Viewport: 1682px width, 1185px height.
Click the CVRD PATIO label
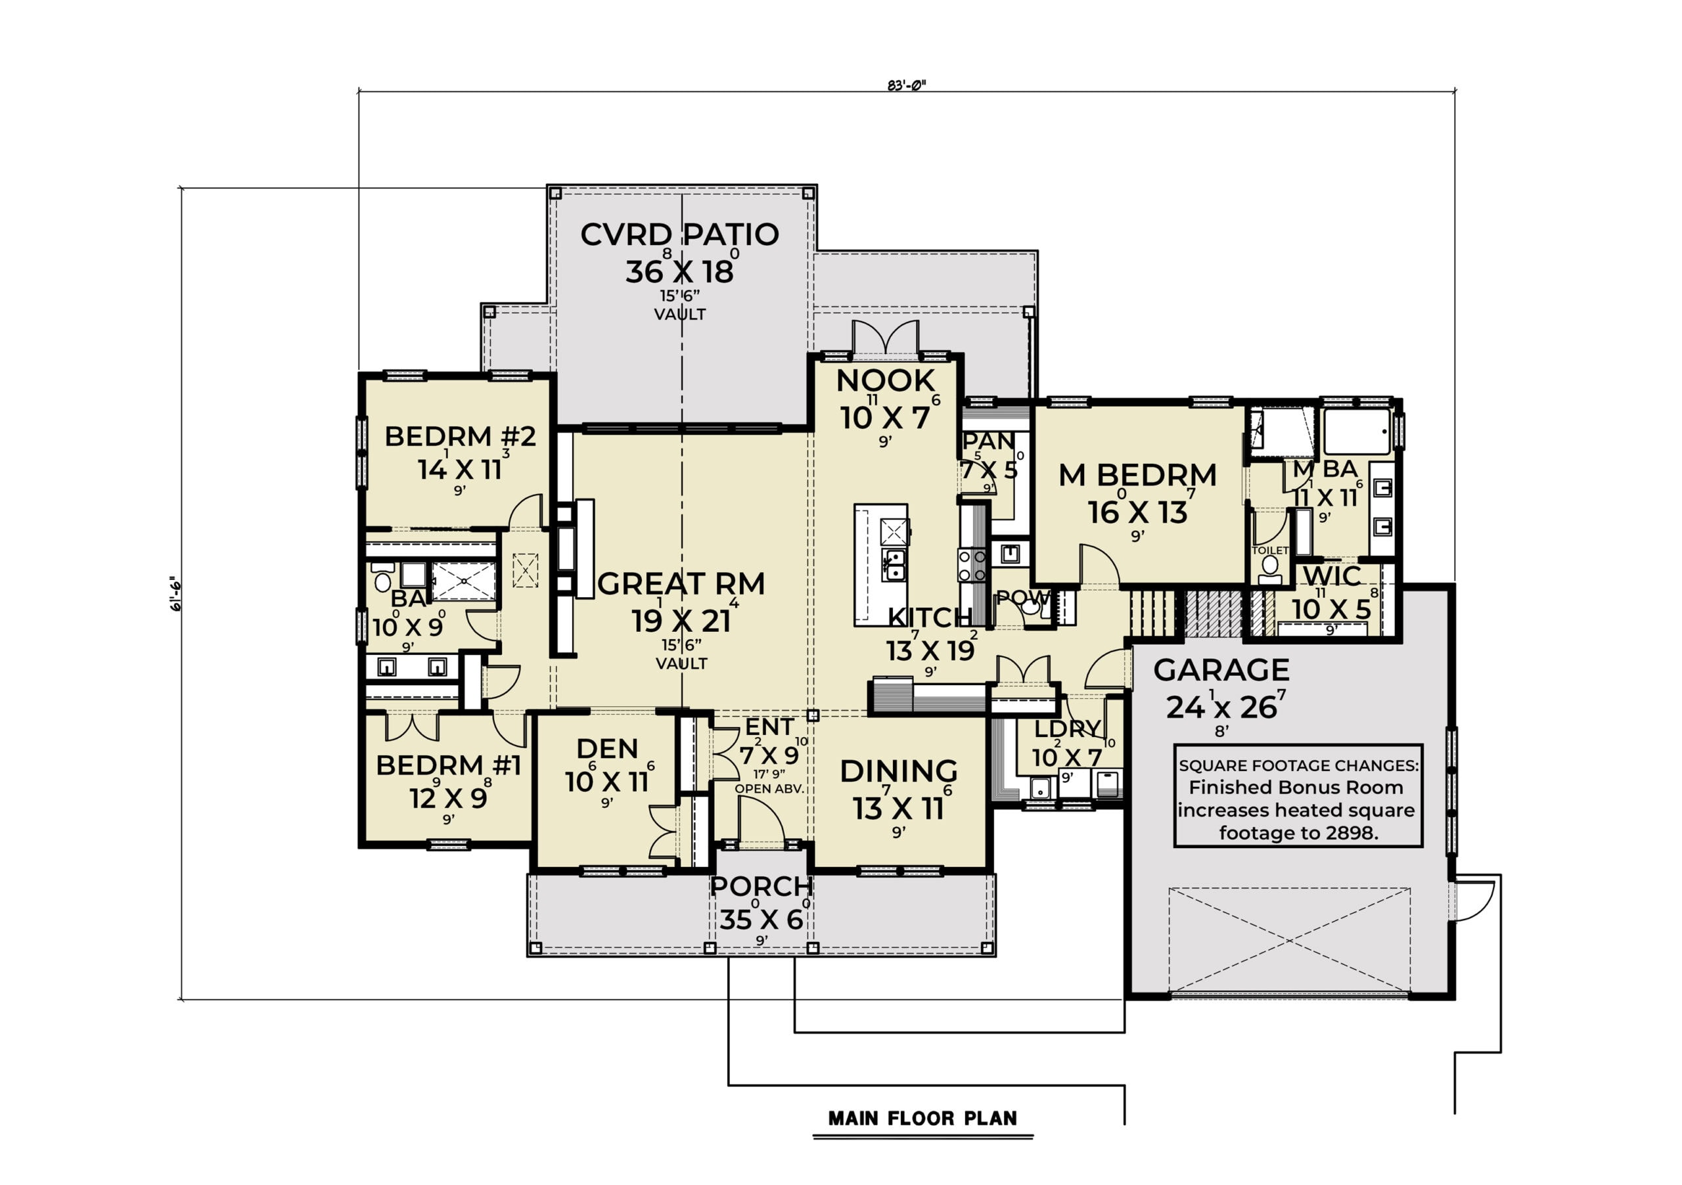679,235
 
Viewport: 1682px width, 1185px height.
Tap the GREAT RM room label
681,585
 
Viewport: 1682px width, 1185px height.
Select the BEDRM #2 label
460,437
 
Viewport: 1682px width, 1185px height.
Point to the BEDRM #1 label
448,765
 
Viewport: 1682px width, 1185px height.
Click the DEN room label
607,748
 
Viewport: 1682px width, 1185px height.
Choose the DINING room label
899,771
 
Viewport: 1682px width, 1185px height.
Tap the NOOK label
886,381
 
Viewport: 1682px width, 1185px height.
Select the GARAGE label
1221,670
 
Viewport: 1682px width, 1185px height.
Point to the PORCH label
761,886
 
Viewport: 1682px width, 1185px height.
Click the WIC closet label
1332,576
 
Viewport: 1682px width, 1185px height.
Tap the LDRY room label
1068,728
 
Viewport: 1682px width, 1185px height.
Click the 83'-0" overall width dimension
906,85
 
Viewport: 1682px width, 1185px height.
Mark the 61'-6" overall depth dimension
176,594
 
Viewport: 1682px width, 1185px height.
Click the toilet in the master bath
1270,569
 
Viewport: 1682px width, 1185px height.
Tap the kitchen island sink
893,565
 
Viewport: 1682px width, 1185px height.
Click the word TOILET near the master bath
1270,550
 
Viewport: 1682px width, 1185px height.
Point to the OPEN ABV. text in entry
770,789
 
